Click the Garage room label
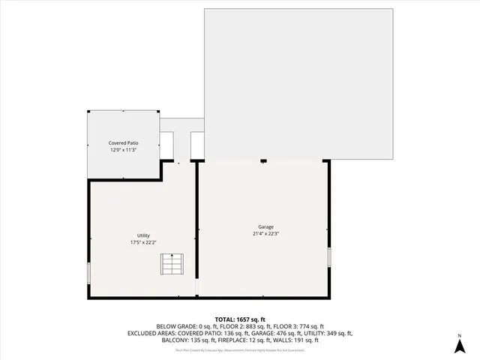pyautogui.click(x=266, y=226)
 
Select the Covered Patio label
pyautogui.click(x=123, y=142)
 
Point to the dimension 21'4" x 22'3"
pyautogui.click(x=266, y=233)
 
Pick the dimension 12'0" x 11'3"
pyautogui.click(x=123, y=150)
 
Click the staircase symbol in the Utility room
pyautogui.click(x=172, y=265)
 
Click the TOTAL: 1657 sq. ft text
pyautogui.click(x=240, y=319)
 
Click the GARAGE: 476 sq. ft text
pyautogui.click(x=260, y=333)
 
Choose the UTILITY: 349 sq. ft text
pyautogui.click(x=323, y=333)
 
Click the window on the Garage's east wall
pyautogui.click(x=328, y=257)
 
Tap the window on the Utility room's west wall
pyautogui.click(x=88, y=271)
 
